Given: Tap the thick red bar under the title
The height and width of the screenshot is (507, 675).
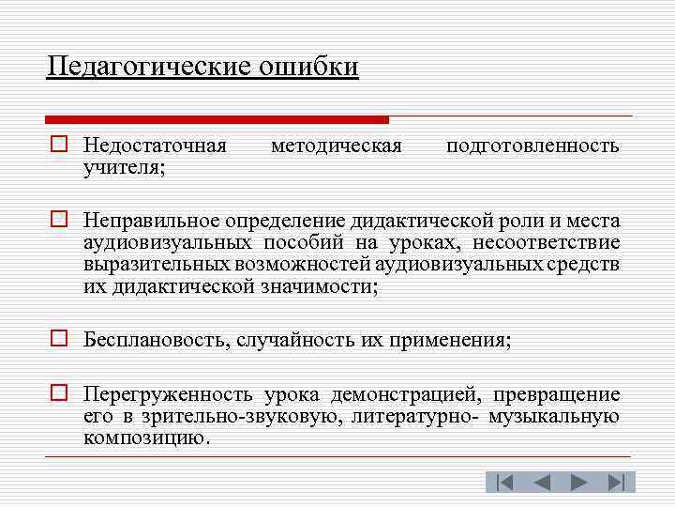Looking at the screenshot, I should [217, 119].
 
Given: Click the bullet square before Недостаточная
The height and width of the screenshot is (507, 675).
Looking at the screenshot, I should [57, 146].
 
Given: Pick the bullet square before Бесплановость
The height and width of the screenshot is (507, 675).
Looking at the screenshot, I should [57, 339].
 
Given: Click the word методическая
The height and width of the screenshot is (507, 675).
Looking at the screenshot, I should [336, 146].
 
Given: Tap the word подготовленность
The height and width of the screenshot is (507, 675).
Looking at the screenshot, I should [532, 146].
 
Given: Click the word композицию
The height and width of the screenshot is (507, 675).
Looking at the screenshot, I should [145, 438].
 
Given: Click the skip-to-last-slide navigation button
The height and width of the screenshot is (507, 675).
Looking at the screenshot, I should [616, 483].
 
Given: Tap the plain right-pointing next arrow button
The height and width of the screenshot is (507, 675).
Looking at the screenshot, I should [578, 483].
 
